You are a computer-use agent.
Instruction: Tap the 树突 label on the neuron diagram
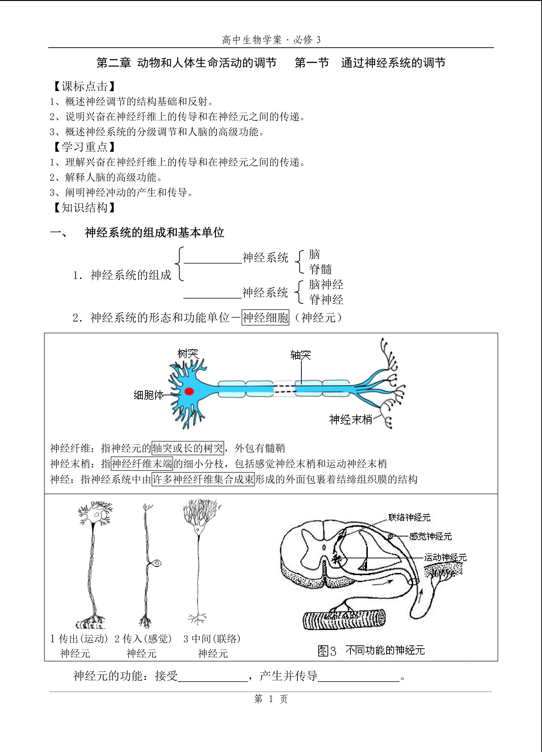pos(188,354)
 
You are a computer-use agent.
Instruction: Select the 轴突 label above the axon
pos(300,355)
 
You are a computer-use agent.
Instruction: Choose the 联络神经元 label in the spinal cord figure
pos(409,518)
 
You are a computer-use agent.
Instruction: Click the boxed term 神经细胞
pos(266,318)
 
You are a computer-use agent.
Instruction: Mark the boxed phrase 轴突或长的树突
pos(188,448)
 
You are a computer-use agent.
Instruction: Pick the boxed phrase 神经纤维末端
pos(142,464)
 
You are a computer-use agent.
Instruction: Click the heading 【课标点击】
pos(84,86)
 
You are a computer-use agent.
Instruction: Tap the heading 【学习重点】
pos(84,147)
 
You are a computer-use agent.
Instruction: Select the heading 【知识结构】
pos(84,207)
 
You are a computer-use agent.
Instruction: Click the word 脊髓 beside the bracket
pos(320,269)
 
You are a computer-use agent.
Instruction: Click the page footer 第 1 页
pos(271,699)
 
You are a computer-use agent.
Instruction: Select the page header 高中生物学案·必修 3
pos(271,40)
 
